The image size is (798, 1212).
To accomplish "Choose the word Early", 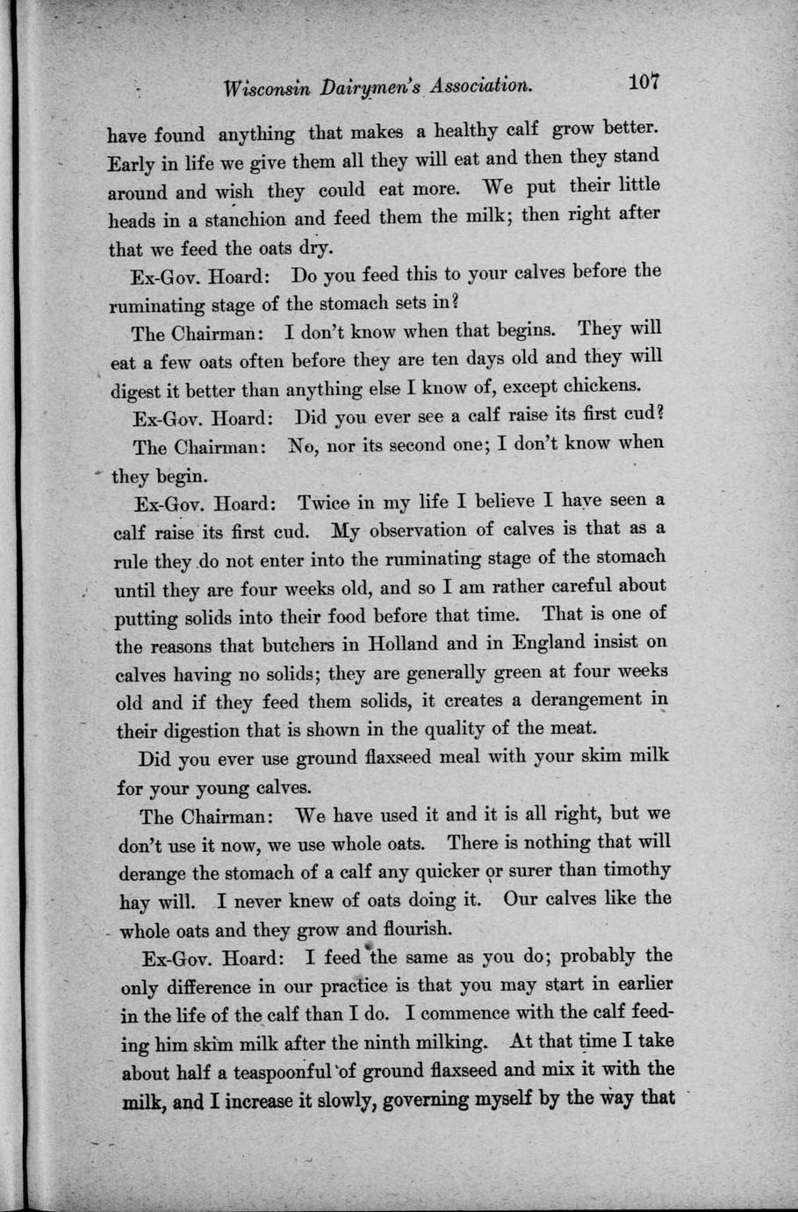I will coord(131,164).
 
